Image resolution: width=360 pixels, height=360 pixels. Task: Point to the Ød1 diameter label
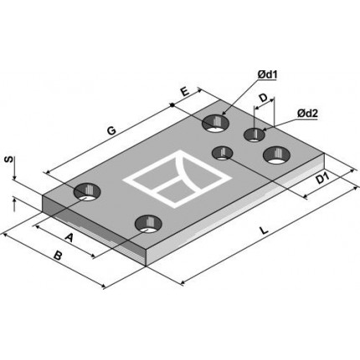click(266, 76)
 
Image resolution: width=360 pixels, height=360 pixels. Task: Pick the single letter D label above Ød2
click(262, 98)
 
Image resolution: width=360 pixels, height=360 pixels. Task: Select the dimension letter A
click(69, 238)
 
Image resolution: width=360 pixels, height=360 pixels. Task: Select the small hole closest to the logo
click(223, 152)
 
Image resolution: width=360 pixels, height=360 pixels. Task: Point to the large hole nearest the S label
click(86, 193)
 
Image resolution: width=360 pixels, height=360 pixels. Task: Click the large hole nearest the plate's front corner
click(148, 224)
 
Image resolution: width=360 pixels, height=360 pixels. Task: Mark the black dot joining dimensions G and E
click(172, 105)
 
